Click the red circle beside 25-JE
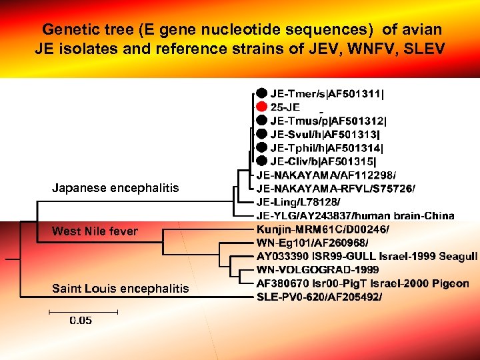tap(262, 107)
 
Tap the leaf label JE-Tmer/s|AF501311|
tap(327, 93)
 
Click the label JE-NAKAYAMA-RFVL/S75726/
tap(335, 189)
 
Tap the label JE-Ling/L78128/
tap(298, 202)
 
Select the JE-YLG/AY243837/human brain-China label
tap(355, 215)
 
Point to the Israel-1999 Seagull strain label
tap(367, 256)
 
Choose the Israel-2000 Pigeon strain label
tap(363, 283)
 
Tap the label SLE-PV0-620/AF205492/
tap(319, 297)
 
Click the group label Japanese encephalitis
tap(115, 188)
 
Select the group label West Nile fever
tap(95, 231)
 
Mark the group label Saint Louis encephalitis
tap(120, 289)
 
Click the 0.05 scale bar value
tap(81, 321)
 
